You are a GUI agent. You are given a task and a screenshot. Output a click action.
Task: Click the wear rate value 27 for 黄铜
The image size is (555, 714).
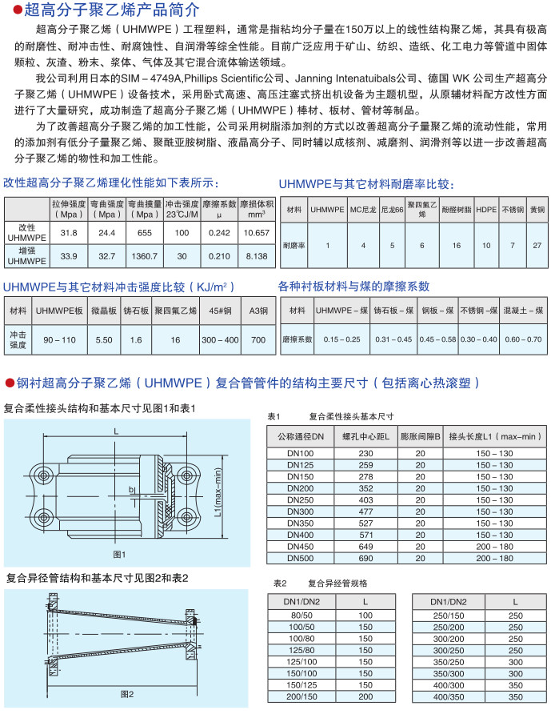point(537,244)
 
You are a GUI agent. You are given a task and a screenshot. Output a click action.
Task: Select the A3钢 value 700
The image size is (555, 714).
point(258,339)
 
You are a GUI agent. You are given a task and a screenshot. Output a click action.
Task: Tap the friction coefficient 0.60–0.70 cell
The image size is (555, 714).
point(524,339)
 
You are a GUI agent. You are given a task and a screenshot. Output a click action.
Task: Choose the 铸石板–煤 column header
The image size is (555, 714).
point(393,310)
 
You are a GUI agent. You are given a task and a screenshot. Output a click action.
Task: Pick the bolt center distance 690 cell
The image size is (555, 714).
point(366,557)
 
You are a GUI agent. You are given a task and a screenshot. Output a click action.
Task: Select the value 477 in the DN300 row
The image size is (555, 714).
point(366,511)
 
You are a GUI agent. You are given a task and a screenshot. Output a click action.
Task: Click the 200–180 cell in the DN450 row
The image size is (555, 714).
point(494,546)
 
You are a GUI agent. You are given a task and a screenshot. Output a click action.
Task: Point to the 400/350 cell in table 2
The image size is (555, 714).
point(448,697)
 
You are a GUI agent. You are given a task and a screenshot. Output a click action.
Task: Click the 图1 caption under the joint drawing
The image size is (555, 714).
point(120,554)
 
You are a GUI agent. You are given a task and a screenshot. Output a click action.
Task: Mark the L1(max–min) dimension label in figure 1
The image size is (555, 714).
point(219,495)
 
